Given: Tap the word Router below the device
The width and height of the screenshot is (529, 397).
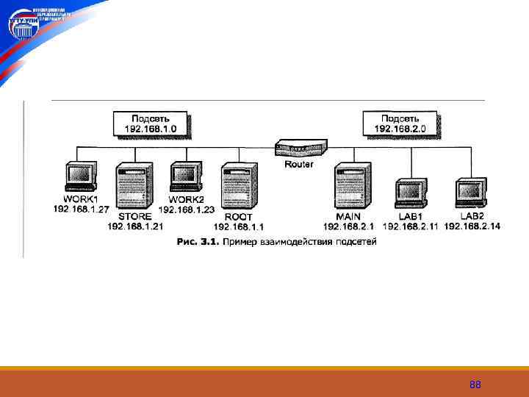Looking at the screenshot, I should (x=298, y=164).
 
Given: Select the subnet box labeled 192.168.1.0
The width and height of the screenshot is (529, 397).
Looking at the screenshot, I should (x=151, y=123).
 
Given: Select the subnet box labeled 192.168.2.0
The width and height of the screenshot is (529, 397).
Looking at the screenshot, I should (x=400, y=123).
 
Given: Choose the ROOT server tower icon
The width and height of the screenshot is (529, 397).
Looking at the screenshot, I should (x=240, y=187).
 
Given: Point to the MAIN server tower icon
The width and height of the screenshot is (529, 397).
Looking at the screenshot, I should (x=350, y=187).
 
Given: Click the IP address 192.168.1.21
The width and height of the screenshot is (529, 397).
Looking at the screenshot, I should (x=135, y=226).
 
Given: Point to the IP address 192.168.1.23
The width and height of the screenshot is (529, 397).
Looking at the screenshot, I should (x=186, y=210).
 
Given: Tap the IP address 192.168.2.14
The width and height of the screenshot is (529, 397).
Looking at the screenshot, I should (x=472, y=226).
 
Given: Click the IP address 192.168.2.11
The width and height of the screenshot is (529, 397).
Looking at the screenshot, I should (x=410, y=226).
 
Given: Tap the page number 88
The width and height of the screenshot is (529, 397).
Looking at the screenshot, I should (x=475, y=385).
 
